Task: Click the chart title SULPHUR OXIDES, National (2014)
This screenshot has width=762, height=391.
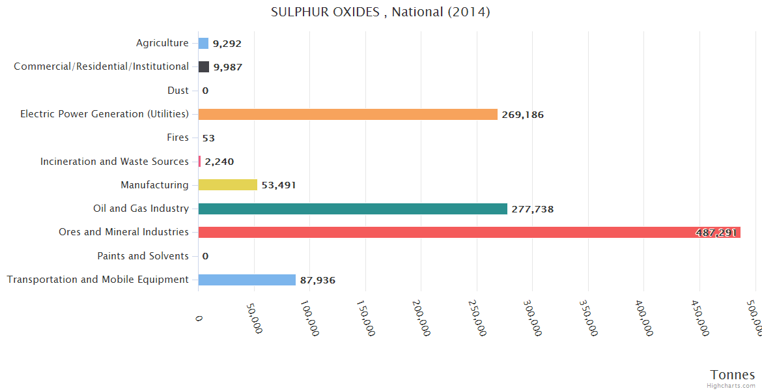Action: (380, 12)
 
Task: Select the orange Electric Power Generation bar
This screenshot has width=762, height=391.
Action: (348, 114)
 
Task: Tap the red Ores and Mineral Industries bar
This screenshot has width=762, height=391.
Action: (469, 232)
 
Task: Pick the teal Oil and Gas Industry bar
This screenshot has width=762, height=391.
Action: (352, 209)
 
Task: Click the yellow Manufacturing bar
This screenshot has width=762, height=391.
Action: (227, 185)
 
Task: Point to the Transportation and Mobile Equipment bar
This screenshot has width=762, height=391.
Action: (247, 280)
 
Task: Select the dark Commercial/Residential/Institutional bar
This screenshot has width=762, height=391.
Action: (204, 67)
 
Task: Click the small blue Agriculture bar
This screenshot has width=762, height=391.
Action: (203, 44)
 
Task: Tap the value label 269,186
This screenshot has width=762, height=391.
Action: (522, 115)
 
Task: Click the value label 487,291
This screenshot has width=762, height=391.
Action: (716, 233)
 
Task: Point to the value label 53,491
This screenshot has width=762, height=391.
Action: (279, 185)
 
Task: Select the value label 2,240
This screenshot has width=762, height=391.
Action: (219, 162)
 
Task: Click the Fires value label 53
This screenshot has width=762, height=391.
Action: (208, 138)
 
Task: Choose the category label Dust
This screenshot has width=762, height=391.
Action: (178, 91)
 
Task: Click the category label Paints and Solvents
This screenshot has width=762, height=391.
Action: (143, 256)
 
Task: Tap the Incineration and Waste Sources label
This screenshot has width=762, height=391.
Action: (114, 161)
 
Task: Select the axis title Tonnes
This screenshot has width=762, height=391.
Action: (733, 375)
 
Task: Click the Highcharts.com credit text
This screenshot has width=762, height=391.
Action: (731, 385)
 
